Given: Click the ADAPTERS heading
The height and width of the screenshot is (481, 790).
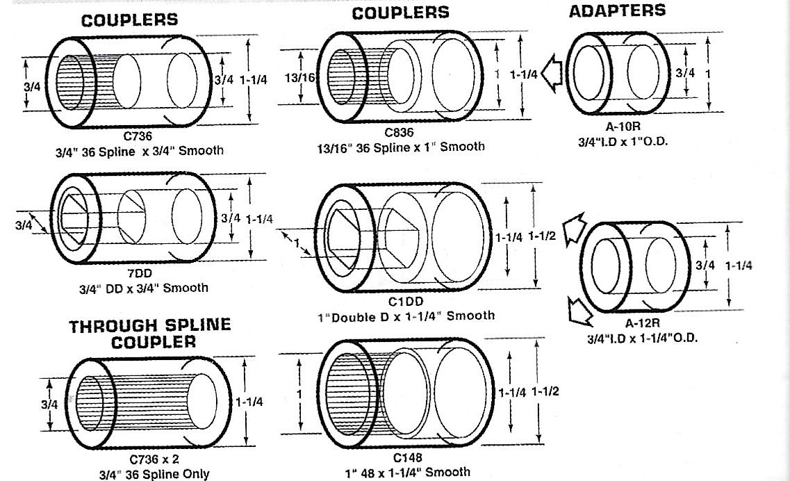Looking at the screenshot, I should coord(617,10).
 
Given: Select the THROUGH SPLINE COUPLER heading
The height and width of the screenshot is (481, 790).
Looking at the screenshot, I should coord(149,334).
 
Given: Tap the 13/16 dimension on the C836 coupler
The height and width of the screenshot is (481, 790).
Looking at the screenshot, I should coord(300,78).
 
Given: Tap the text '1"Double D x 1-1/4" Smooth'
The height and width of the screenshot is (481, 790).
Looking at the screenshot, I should coord(405,316).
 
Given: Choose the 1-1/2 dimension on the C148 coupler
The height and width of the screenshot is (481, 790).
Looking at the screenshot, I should coord(545,391).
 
